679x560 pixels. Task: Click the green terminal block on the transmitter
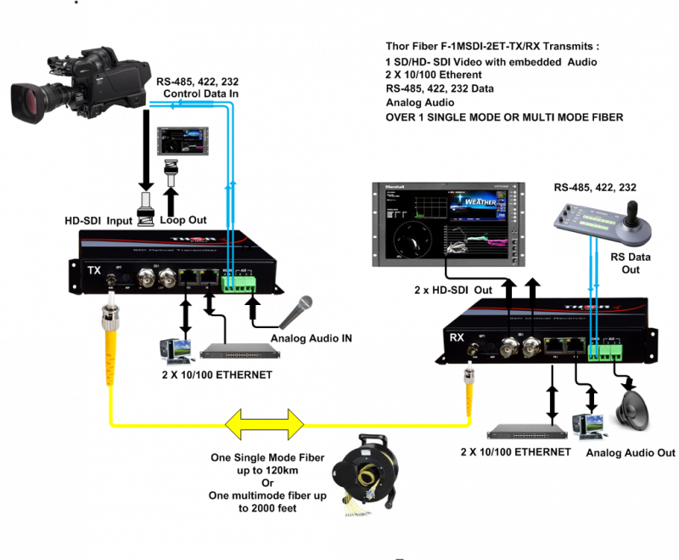238,280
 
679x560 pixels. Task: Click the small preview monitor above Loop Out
183,139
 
